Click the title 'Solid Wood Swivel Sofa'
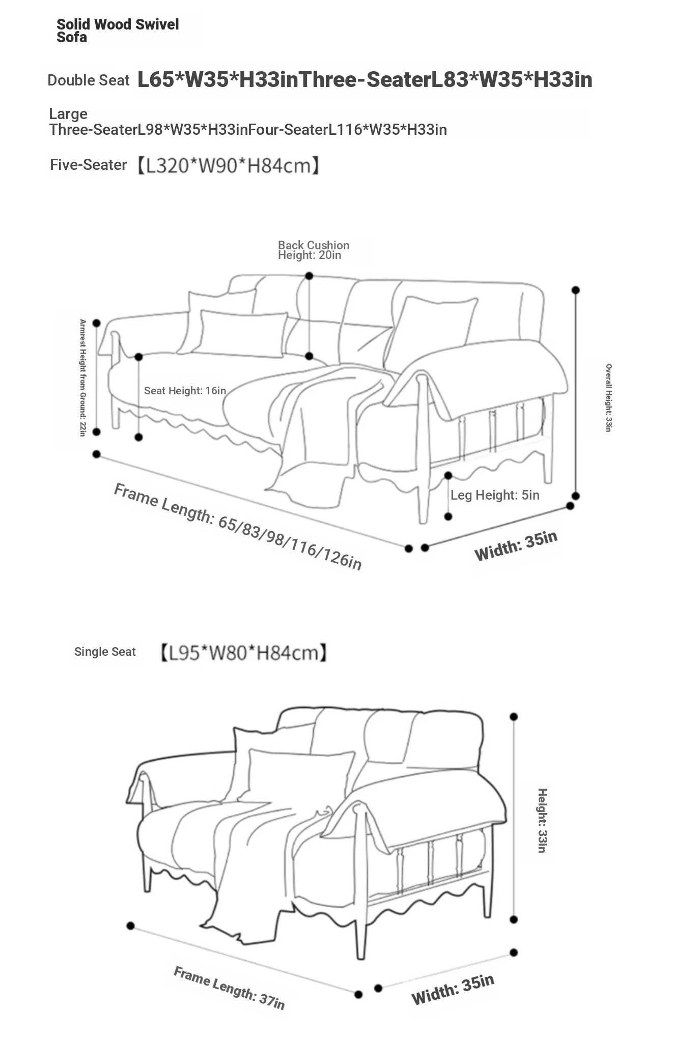coord(118,31)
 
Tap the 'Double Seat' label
coord(89,80)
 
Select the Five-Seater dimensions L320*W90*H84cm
coord(228,165)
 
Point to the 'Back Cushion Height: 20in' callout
coord(314,250)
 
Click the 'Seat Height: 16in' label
coord(185,390)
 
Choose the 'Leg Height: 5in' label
coord(495,495)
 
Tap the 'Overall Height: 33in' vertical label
coord(608,398)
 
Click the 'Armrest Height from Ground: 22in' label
coord(82,378)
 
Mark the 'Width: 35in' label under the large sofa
coord(516,545)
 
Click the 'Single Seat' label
coord(105,652)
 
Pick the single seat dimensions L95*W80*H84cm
coord(243,652)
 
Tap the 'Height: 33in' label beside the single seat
coord(542,820)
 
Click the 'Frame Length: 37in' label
coord(229,988)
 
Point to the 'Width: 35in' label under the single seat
coord(453,990)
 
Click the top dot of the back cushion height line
coord(309,276)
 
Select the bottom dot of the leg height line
coord(448,516)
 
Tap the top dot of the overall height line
coord(576,290)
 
